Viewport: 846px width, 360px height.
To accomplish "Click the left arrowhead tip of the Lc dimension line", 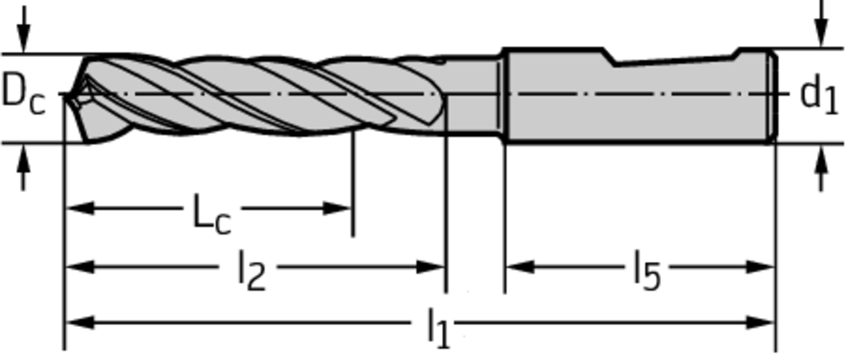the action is tap(65, 208).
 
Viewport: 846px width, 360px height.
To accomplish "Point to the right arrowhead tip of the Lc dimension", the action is tap(352, 208).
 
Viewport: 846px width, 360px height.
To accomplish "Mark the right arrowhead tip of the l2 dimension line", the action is tap(445, 267).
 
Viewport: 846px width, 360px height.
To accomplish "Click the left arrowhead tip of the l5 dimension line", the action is tap(506, 267).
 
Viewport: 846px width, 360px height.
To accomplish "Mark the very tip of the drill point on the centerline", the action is tap(64, 96).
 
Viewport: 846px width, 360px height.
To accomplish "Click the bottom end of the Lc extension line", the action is tap(353, 236).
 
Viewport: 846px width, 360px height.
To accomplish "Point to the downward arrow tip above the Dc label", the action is tap(22, 52).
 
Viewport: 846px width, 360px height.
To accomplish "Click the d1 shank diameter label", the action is tap(819, 96).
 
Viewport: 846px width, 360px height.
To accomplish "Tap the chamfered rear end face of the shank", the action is tap(773, 96).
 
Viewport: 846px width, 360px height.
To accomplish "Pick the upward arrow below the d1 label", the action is tap(821, 168).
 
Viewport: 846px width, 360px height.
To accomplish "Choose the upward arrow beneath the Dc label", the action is tap(22, 168).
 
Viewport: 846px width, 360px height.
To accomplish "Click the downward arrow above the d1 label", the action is tap(821, 24).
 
